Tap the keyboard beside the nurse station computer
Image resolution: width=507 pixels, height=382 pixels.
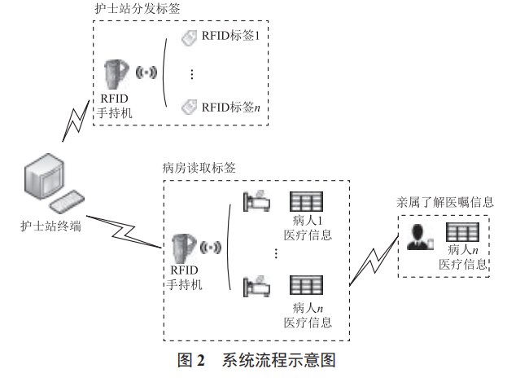click(x=72, y=201)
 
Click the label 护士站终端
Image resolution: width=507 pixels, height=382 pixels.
click(x=50, y=226)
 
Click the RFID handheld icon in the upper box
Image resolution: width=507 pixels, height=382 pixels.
click(x=116, y=75)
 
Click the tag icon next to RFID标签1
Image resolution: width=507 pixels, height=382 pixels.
click(x=188, y=37)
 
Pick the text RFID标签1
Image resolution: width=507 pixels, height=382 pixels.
click(x=230, y=37)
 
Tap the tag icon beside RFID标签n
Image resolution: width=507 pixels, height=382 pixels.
click(x=188, y=105)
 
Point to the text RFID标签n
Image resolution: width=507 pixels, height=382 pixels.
click(x=231, y=106)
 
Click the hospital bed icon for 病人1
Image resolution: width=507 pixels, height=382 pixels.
click(x=257, y=200)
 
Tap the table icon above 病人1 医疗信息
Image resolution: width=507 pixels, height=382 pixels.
click(x=307, y=200)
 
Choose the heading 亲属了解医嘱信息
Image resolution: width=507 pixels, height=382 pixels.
click(x=444, y=200)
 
